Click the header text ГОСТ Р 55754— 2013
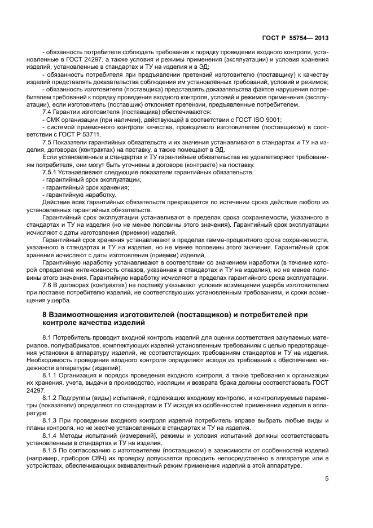coord(296,38)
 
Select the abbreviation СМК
coord(53,119)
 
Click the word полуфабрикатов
coord(85,345)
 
